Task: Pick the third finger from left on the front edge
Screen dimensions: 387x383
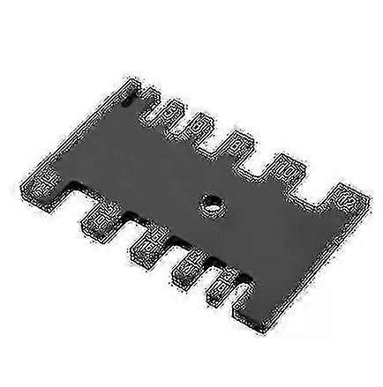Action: point(190,268)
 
